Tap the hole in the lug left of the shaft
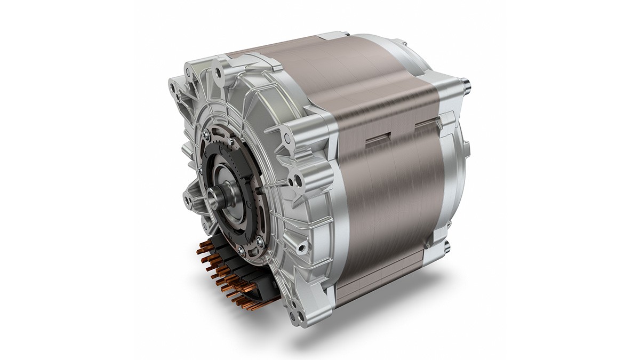187,199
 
